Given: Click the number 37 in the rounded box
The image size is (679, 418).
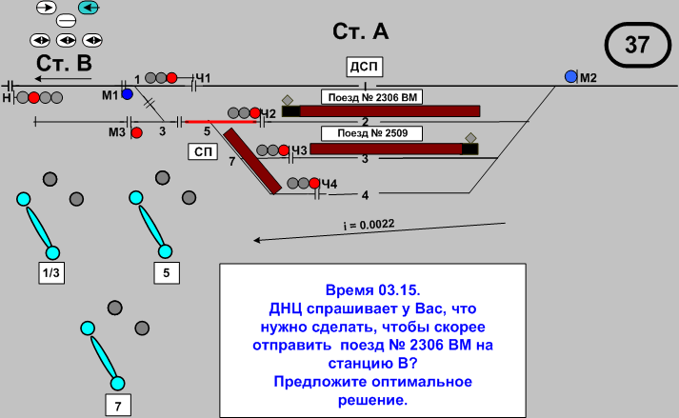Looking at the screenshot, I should tap(636, 43).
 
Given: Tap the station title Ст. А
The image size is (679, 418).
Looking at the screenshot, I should tap(361, 31).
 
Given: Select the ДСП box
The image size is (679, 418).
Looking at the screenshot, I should tap(364, 66).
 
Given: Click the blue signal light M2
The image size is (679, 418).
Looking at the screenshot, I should tap(570, 76).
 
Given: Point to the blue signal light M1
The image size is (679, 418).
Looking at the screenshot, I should tap(127, 94).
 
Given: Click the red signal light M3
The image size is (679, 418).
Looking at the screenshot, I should tap(136, 132).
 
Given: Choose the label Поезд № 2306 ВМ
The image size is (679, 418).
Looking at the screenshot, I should tap(370, 97).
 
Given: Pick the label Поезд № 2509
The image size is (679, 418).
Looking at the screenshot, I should tap(366, 133).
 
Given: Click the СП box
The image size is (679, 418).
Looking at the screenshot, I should tap(201, 151).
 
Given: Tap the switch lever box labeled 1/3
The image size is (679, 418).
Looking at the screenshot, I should tap(51, 273).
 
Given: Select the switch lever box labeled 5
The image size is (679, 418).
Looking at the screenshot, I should tap(167, 273).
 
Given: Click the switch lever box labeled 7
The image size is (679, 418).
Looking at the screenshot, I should tap(117, 406).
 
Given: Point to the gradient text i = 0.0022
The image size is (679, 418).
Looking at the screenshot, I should tap(369, 225).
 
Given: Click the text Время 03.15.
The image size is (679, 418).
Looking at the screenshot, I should tap(372, 288).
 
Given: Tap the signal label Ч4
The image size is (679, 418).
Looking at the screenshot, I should tap(330, 183).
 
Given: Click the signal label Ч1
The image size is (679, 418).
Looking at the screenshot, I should tap(203, 77).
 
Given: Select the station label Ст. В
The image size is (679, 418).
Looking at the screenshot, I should tap(64, 64).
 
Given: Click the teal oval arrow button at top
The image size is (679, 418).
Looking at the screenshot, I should tap(90, 8).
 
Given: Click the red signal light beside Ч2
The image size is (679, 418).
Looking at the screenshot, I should tap(253, 113).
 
